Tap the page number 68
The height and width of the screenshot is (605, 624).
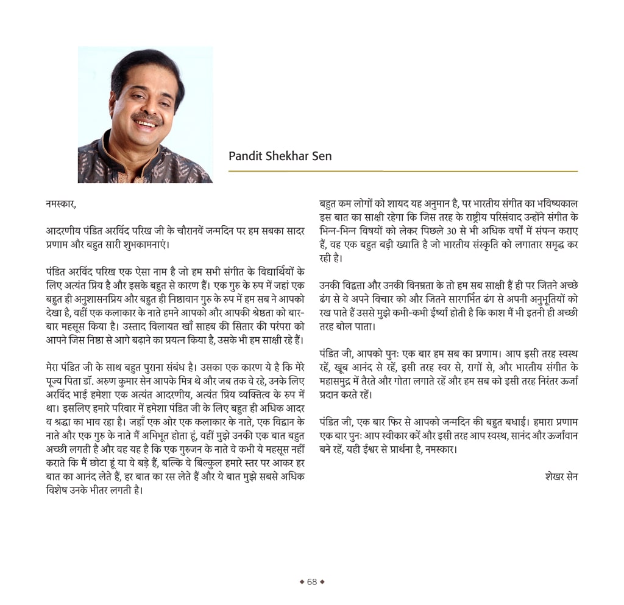(312, 581)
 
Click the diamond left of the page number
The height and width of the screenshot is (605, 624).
(302, 581)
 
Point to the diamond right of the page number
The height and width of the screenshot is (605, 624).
(322, 581)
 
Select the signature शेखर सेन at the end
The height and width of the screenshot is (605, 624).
(561, 477)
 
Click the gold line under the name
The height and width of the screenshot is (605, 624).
(402, 172)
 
